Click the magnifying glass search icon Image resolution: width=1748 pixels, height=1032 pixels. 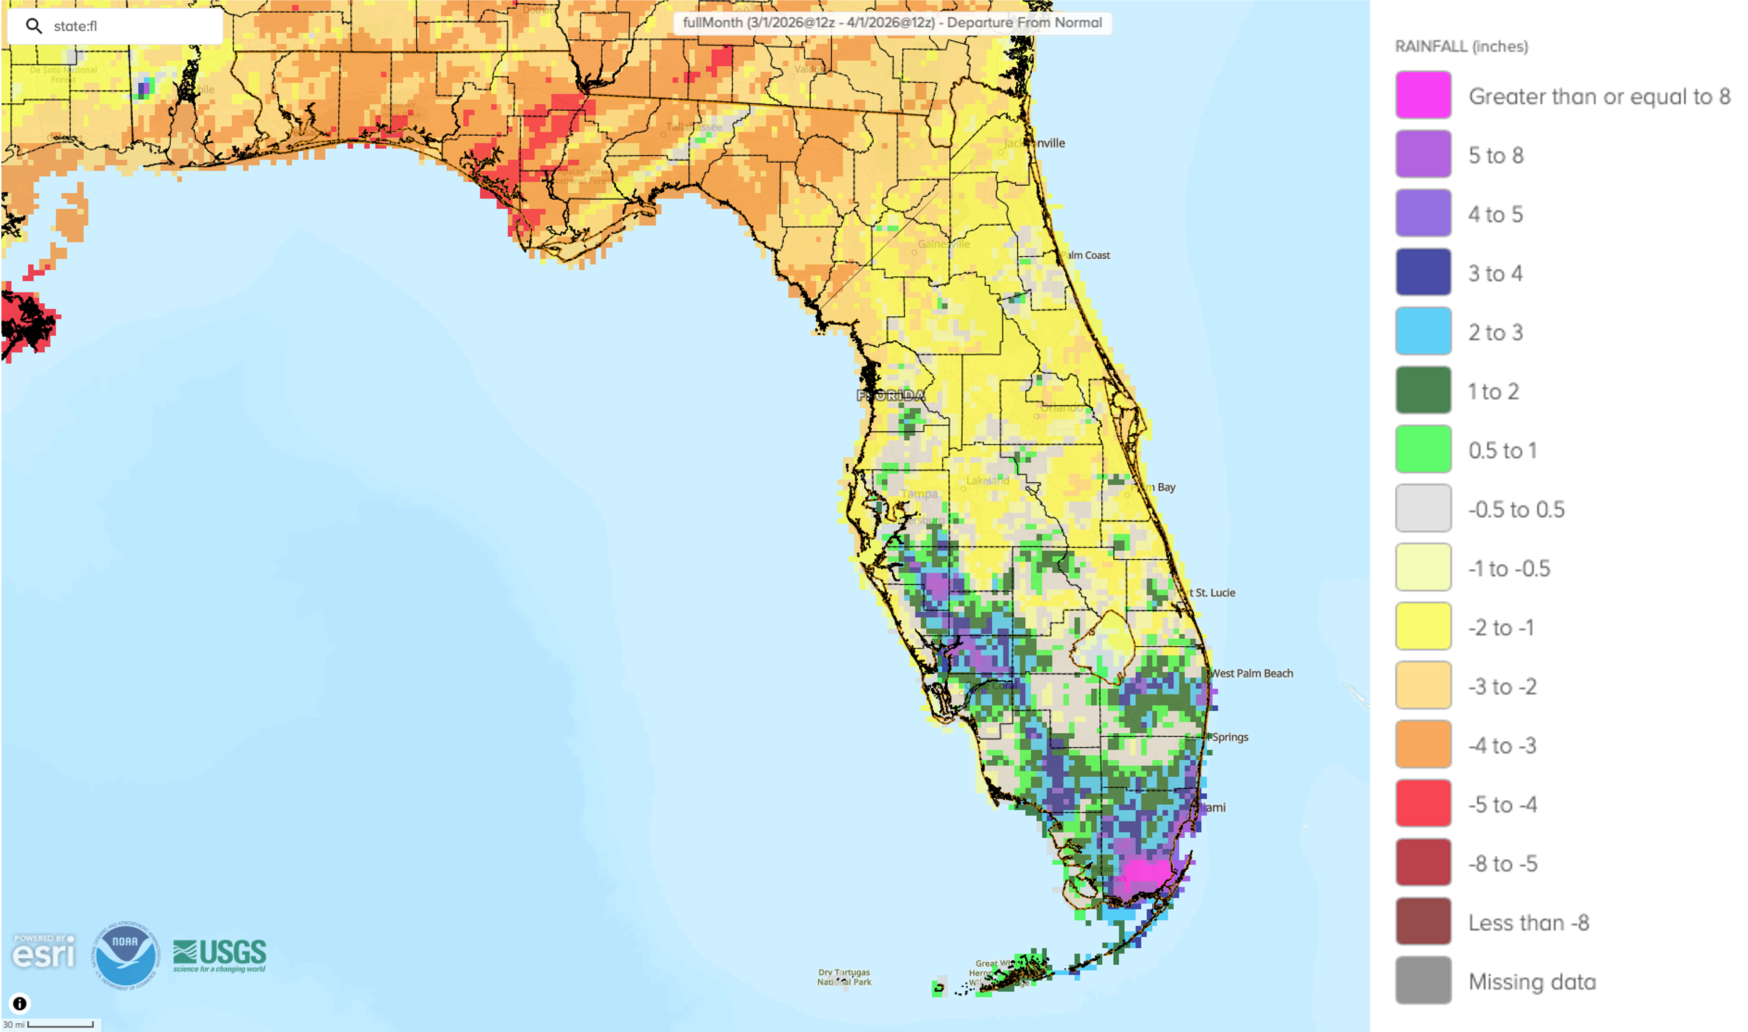pos(33,26)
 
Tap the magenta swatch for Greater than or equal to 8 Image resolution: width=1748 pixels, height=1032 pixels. pos(1423,95)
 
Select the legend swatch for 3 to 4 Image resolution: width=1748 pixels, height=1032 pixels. pos(1423,273)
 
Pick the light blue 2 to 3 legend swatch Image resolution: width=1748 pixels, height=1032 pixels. pos(1423,332)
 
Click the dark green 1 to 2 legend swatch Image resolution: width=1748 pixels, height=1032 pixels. pos(1423,391)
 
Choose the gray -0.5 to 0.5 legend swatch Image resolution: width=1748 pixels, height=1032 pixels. pos(1423,508)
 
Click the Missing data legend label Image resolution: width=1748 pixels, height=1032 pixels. pos(1532,981)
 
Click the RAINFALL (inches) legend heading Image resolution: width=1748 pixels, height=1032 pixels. pos(1461,47)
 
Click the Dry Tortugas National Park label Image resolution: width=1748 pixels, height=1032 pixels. pos(844,977)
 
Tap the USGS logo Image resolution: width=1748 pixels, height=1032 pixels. pos(220,955)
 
